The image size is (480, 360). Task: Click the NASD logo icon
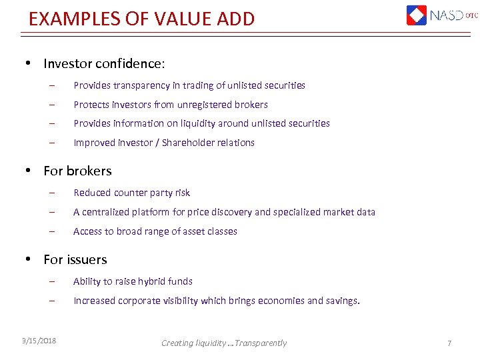[x=417, y=15]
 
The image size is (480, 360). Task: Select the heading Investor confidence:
[x=103, y=64]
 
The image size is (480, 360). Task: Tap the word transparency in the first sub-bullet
[x=143, y=85]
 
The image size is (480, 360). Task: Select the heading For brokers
[x=77, y=171]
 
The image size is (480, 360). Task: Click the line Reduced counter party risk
[x=131, y=193]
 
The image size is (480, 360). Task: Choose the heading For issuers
[x=75, y=260]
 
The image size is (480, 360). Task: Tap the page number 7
[x=449, y=343]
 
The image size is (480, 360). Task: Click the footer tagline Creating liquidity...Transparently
[x=224, y=343]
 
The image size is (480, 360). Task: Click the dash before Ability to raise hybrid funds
[x=51, y=281]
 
